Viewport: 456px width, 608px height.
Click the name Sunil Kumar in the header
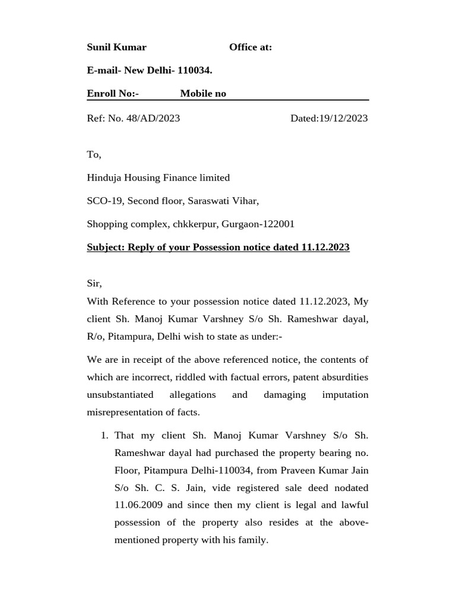116,47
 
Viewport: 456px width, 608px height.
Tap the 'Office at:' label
251,47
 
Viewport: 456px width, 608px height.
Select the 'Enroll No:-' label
113,94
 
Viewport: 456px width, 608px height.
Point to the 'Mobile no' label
203,94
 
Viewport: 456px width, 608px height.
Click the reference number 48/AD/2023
153,118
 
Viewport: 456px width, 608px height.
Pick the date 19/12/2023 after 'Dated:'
343,118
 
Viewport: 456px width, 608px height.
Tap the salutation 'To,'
94,154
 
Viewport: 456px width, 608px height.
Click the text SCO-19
105,201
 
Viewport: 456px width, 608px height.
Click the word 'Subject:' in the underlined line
104,247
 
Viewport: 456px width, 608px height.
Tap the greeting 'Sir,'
94,284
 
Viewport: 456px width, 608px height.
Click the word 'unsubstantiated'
120,395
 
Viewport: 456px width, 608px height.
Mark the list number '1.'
104,435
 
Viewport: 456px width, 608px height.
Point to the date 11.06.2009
136,505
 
